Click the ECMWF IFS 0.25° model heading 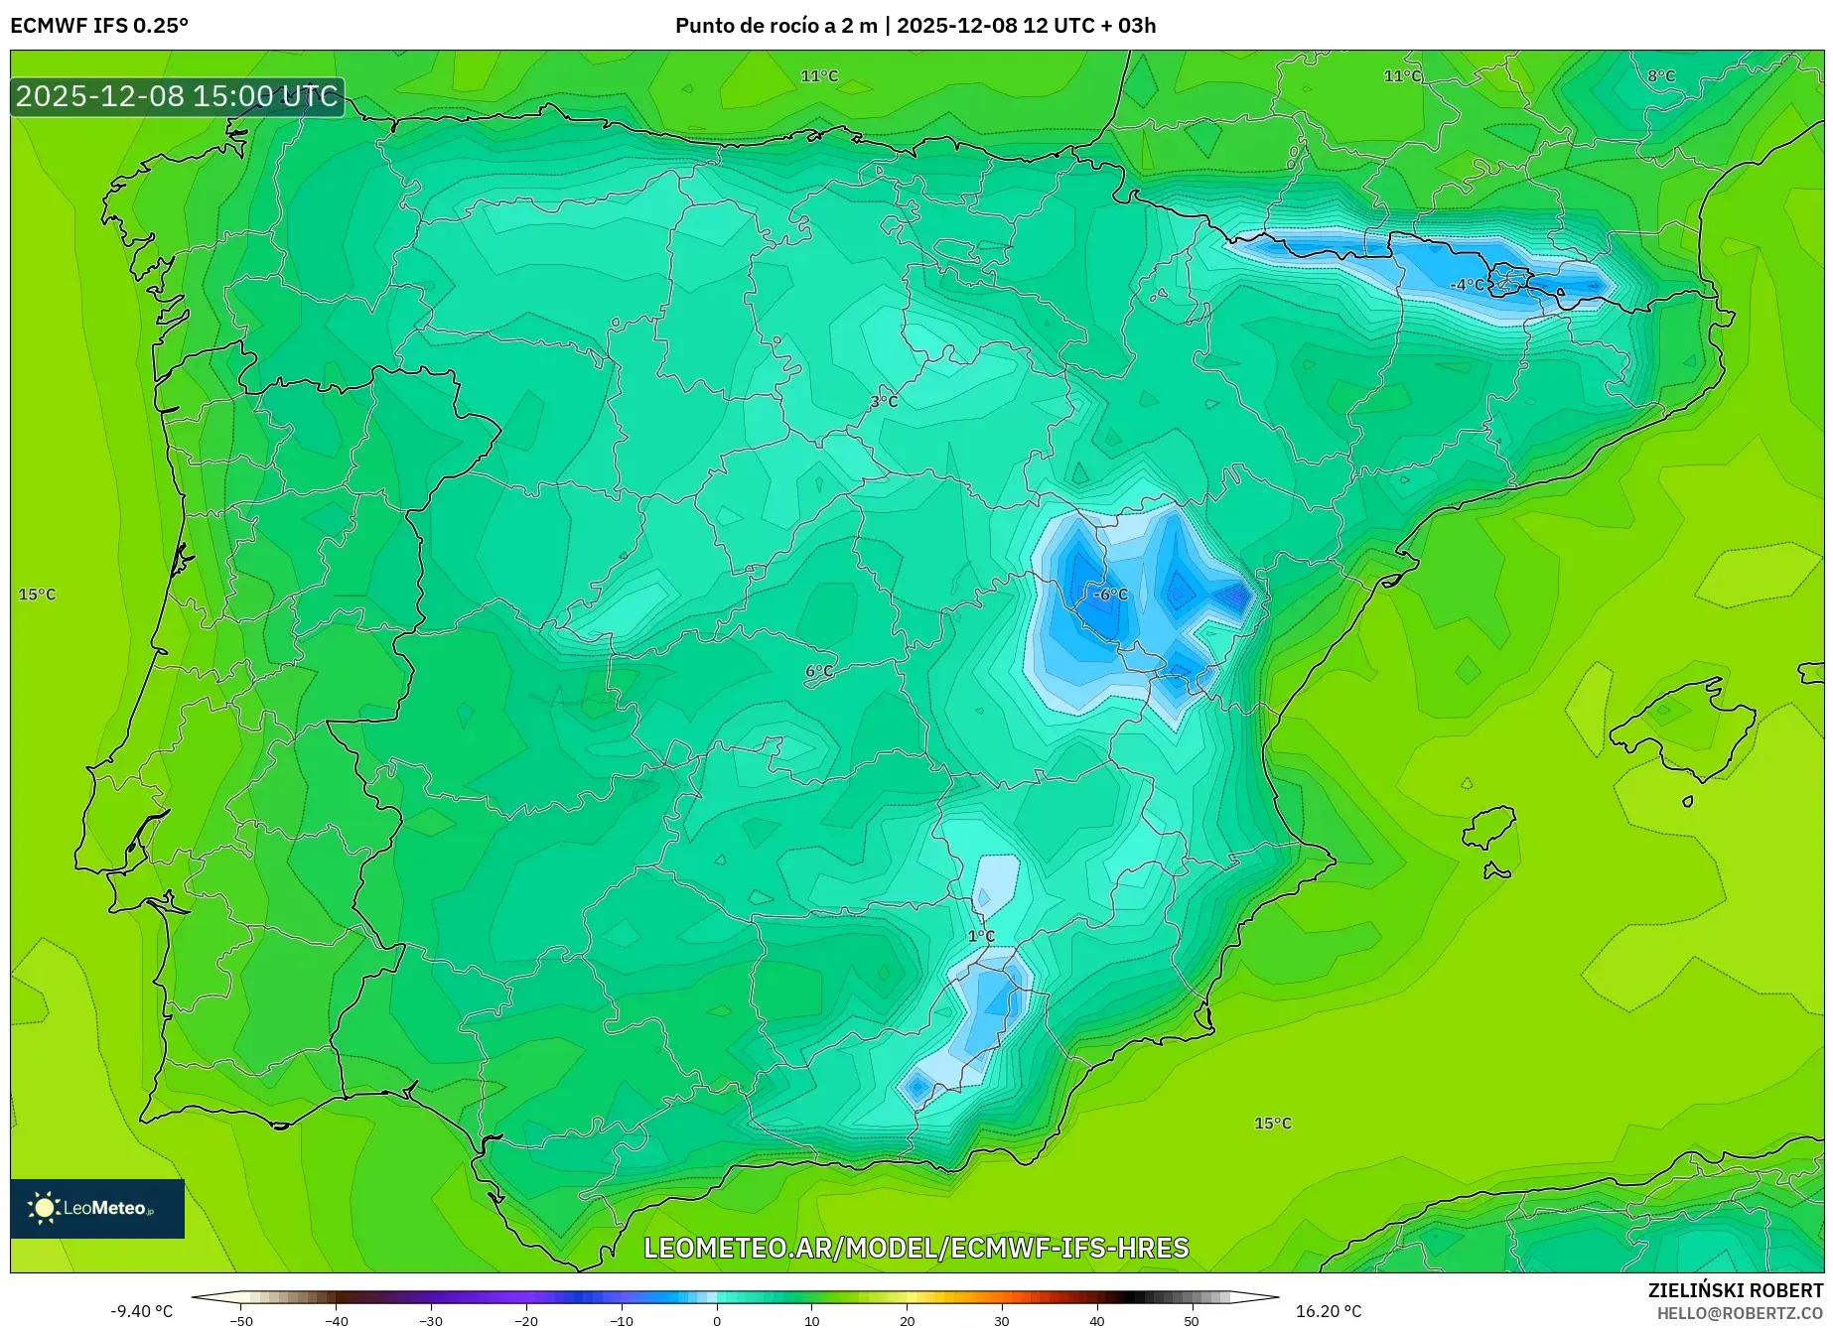coord(99,26)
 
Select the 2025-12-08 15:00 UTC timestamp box coord(177,96)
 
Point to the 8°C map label coord(1660,76)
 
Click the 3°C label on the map coord(884,402)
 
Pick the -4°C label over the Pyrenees coord(1467,285)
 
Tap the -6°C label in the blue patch coord(1110,595)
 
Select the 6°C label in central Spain coord(819,672)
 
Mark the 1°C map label coord(981,936)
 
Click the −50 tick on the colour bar coord(241,1320)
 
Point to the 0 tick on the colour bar coord(717,1320)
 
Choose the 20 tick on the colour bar coord(907,1320)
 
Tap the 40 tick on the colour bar coord(1096,1320)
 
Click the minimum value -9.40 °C coord(141,1311)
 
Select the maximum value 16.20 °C coord(1329,1311)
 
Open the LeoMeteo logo coord(97,1208)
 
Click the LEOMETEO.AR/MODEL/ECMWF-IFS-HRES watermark coord(916,1248)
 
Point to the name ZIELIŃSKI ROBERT coord(1736,1291)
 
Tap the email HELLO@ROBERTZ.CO coord(1740,1313)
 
